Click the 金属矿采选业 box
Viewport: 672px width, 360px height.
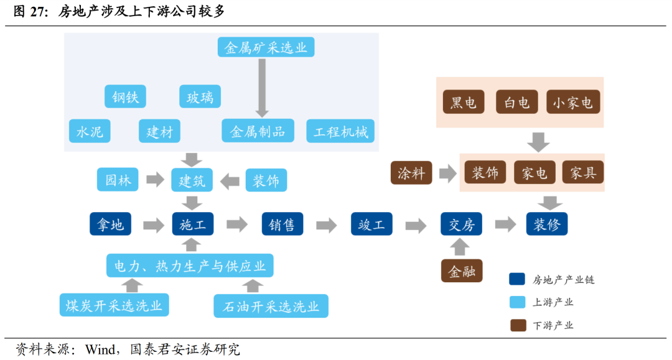pyautogui.click(x=266, y=47)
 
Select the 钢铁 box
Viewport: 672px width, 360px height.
pyautogui.click(x=125, y=97)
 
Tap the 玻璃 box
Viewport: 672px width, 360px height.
pyautogui.click(x=200, y=97)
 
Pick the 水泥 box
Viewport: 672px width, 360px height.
pyautogui.click(x=89, y=131)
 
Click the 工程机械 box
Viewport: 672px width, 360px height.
pyautogui.click(x=340, y=131)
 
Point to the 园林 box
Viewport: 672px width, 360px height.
pyautogui.click(x=118, y=180)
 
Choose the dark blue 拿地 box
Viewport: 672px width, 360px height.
pyautogui.click(x=110, y=224)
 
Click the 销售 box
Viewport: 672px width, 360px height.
pyautogui.click(x=282, y=224)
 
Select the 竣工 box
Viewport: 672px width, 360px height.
pyautogui.click(x=371, y=224)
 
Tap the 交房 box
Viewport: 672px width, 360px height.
pyautogui.click(x=461, y=224)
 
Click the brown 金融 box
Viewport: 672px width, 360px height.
pyautogui.click(x=462, y=271)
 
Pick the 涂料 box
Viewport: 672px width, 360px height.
pyautogui.click(x=411, y=173)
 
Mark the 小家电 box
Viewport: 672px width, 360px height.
pyautogui.click(x=573, y=103)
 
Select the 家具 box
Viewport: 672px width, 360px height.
pyautogui.click(x=582, y=173)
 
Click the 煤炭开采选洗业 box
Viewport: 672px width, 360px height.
pyautogui.click(x=114, y=305)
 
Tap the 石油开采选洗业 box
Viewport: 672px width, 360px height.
pyautogui.click(x=271, y=306)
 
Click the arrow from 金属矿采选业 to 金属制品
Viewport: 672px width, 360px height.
pyautogui.click(x=262, y=87)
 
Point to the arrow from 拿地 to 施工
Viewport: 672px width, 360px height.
pyautogui.click(x=154, y=224)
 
